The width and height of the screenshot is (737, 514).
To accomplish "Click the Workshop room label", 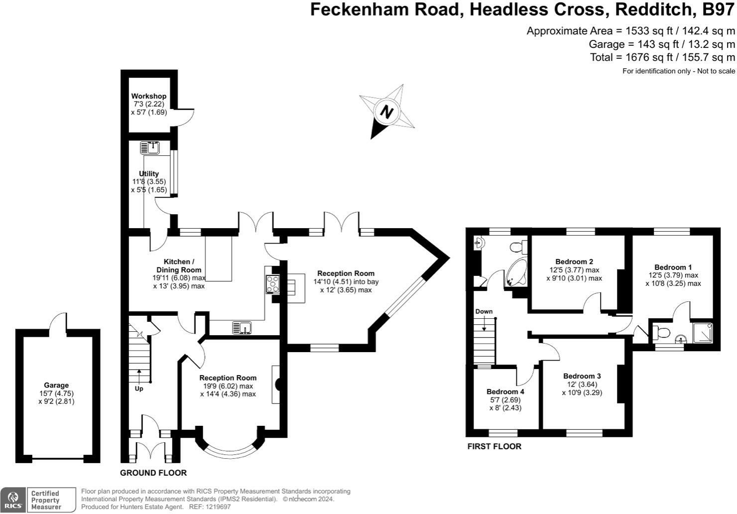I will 148,96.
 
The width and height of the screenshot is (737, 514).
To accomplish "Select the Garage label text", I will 56,385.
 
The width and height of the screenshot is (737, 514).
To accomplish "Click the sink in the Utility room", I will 150,147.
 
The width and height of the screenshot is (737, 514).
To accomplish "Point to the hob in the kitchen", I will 272,284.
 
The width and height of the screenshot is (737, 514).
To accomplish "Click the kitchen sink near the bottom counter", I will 243,327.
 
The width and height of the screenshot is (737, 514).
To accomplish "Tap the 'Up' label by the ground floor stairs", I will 139,388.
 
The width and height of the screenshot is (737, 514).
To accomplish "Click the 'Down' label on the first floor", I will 484,312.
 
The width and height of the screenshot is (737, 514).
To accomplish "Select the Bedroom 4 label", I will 505,391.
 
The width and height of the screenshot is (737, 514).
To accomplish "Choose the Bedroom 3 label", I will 582,376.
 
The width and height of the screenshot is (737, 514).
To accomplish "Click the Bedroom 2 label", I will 574,262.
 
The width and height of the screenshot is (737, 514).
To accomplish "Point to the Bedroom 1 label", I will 673,267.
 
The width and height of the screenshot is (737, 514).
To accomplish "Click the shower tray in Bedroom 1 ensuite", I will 703,333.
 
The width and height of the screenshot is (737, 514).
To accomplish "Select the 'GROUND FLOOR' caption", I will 153,473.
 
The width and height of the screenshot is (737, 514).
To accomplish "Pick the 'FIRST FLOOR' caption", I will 494,446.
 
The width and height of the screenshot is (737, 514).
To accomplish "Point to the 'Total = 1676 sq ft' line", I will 662,57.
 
